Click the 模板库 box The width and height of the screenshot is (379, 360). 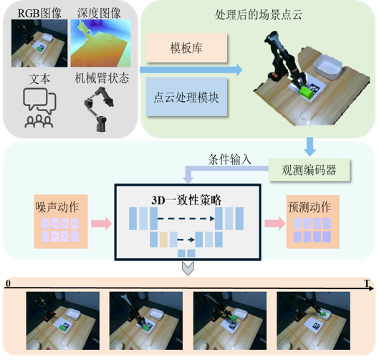point(186,47)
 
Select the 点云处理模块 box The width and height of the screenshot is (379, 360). point(186,97)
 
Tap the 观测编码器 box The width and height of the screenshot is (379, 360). point(309,170)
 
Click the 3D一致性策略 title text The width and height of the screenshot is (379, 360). point(186,200)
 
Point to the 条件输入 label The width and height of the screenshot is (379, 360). point(229,159)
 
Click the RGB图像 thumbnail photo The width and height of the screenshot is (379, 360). point(39,43)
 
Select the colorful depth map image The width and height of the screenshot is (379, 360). point(100,43)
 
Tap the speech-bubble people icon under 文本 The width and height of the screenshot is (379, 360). point(39,108)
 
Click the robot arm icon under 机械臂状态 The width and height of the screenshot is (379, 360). point(99,109)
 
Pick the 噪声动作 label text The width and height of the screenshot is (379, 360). point(57,207)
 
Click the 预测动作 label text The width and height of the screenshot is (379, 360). point(310,207)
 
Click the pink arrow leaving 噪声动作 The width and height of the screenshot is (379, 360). point(101,224)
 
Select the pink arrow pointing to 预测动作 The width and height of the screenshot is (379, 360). point(275,224)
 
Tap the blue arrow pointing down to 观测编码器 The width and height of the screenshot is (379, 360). point(310,146)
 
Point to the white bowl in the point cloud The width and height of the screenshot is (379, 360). point(328,67)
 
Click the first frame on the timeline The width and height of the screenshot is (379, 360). point(63,321)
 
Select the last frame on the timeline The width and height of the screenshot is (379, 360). point(314,321)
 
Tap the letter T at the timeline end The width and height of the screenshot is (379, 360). point(367,283)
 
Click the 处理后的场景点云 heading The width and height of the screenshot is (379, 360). point(259,15)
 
